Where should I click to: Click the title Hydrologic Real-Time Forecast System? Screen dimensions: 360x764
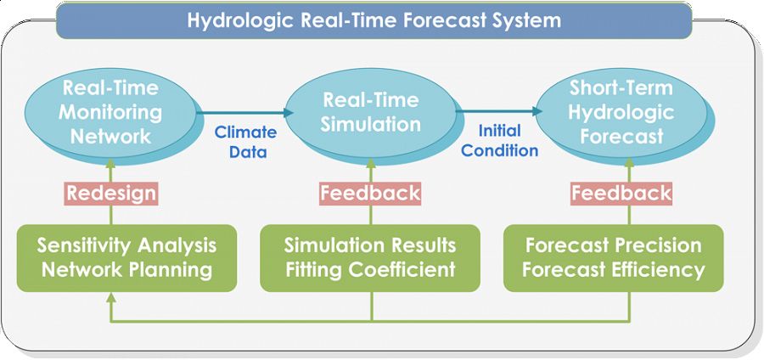(x=374, y=20)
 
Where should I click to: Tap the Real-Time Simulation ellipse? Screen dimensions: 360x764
(x=371, y=112)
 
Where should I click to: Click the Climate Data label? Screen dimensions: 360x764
(x=245, y=142)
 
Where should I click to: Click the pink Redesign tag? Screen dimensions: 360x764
(x=111, y=193)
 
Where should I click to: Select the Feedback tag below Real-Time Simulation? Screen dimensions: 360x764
(x=370, y=193)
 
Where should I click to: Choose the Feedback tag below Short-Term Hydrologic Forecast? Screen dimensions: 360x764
(x=621, y=193)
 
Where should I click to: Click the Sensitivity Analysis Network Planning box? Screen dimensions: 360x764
(x=126, y=258)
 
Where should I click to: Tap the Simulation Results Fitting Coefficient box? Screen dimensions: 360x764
(x=370, y=258)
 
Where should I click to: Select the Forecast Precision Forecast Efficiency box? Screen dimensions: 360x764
(x=613, y=258)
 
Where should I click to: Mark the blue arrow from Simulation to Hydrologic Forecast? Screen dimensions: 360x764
(x=498, y=111)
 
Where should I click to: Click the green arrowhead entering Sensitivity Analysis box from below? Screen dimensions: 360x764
(x=111, y=299)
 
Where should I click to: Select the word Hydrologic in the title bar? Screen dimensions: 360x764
(x=239, y=20)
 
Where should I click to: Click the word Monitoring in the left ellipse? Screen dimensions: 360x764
(x=110, y=111)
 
